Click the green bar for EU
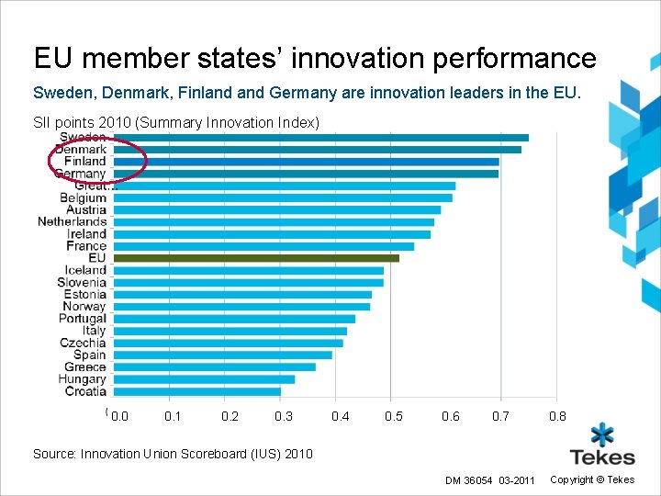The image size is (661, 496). (x=257, y=258)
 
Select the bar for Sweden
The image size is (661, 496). (x=321, y=138)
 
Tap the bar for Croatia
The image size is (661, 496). (x=197, y=391)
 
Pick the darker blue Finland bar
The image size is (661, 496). (x=307, y=162)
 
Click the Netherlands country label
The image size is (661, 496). (x=73, y=221)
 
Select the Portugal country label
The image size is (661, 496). (x=83, y=318)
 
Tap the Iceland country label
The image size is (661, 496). (x=85, y=270)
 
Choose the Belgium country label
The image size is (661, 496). (x=83, y=197)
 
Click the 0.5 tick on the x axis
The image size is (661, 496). (x=394, y=417)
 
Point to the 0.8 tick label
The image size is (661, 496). (x=557, y=417)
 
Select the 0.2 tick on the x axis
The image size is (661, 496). (x=230, y=417)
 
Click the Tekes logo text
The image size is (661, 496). (x=602, y=457)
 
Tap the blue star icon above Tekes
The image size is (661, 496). (x=602, y=433)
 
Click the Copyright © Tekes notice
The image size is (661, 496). (x=592, y=480)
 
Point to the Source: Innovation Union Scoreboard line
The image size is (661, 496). (x=173, y=454)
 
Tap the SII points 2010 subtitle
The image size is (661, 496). (x=176, y=122)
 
